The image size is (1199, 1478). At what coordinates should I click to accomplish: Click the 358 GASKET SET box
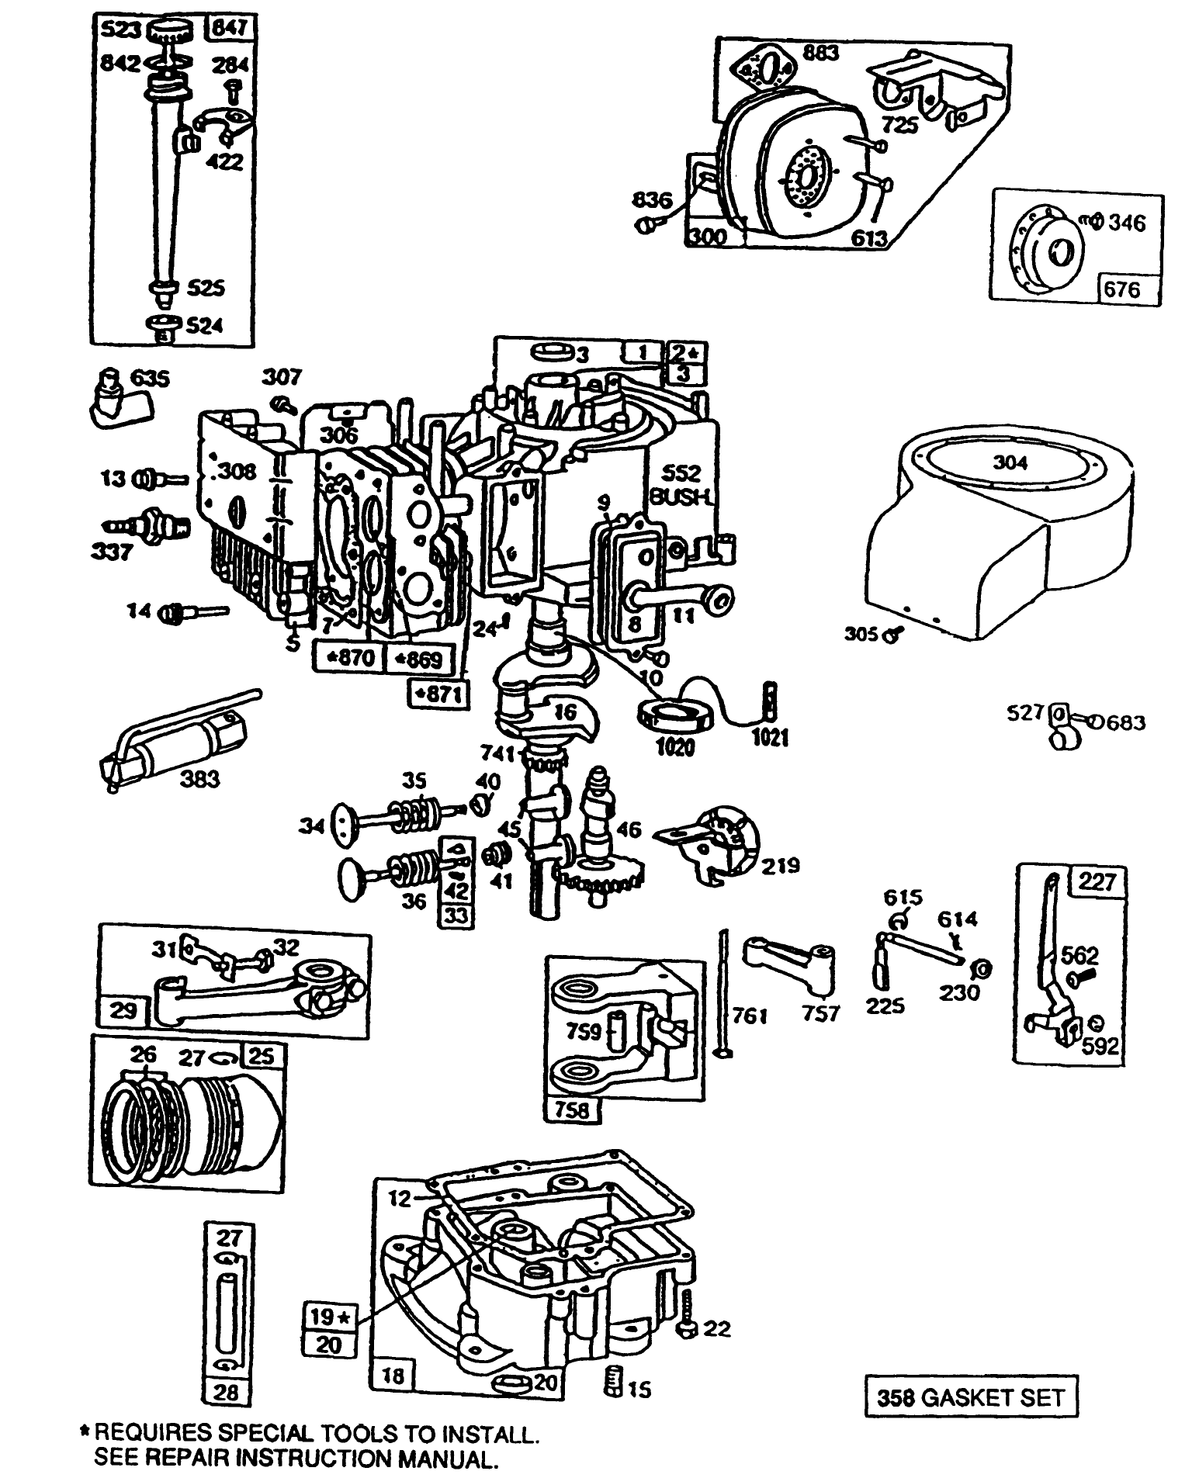[x=972, y=1397]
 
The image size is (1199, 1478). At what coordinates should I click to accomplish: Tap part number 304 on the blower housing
[x=1010, y=462]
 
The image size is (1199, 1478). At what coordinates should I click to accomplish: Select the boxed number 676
[x=1122, y=289]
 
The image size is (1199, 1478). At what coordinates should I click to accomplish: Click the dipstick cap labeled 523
[x=168, y=32]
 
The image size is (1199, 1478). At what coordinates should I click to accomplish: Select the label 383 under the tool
[x=199, y=778]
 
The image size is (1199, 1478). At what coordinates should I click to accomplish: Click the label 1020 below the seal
[x=674, y=746]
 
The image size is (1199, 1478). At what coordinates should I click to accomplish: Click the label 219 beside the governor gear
[x=778, y=864]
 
